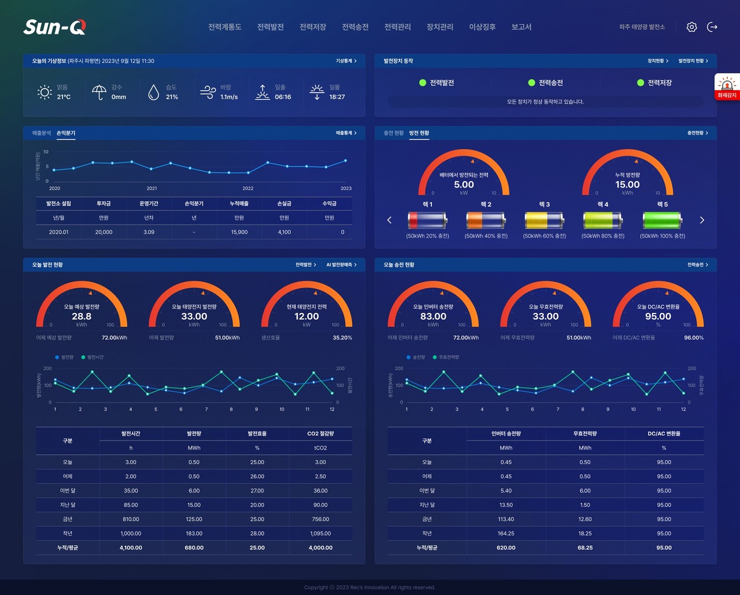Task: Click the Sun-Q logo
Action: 54,27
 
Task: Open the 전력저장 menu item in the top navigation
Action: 313,27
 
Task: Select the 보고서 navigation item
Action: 521,27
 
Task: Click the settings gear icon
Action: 691,27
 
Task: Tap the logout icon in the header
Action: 712,27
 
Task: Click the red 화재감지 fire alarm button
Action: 727,87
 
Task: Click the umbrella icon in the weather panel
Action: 99,92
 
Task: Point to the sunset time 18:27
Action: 337,97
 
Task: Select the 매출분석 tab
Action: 42,133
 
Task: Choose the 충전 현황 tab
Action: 394,133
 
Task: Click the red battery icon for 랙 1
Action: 427,220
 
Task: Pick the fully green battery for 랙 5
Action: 663,220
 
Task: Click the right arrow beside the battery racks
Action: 702,220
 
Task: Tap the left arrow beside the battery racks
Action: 389,220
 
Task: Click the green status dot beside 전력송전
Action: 531,83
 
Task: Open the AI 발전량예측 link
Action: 341,265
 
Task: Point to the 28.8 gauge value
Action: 82,316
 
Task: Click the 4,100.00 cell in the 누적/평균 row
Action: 131,548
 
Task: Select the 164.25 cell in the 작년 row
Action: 506,533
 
